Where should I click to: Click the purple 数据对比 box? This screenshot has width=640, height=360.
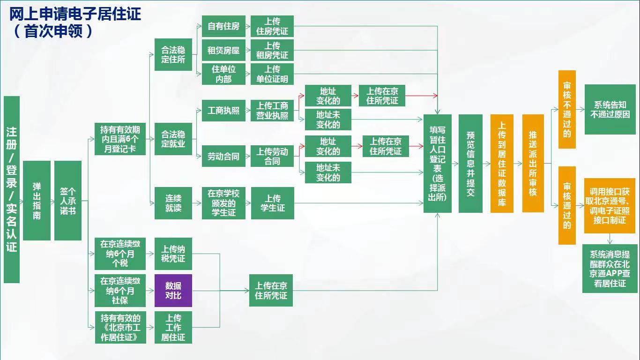173,291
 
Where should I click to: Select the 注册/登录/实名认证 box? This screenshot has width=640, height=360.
12,189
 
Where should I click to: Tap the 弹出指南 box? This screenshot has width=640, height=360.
37,201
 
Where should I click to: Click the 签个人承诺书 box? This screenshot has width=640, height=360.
68,201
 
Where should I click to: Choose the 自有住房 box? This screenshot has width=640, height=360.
223,26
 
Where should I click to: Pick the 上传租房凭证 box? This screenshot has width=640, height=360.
272,50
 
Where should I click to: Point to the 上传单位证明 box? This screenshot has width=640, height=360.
272,74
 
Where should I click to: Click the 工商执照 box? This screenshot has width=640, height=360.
223,111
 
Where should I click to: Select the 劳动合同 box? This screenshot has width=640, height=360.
223,156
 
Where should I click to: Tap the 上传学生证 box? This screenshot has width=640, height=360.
273,203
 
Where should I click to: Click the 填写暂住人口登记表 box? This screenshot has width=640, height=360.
438,164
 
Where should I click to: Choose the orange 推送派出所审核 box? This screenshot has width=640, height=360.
533,164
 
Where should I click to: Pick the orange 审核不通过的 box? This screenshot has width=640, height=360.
567,109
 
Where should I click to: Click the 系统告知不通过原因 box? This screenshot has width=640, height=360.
610,109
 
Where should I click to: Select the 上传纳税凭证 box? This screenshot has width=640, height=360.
173,254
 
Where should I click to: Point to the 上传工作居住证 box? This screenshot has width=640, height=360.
173,327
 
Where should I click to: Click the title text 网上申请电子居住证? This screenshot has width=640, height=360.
75,14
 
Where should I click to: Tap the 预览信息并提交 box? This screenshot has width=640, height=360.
470,164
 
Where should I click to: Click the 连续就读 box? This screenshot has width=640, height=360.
173,203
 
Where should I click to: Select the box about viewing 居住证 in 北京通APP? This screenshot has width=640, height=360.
610,269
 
